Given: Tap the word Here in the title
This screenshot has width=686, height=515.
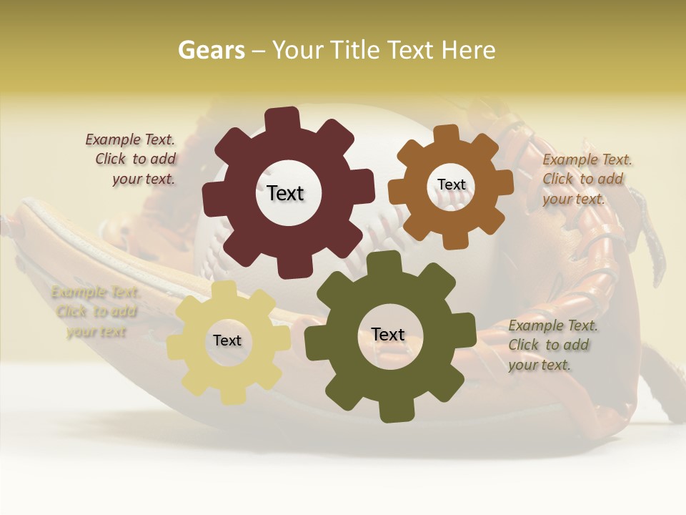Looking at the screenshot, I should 468,50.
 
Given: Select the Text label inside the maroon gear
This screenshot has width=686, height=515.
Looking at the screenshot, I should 286,193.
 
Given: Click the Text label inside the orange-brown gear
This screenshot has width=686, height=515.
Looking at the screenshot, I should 452,185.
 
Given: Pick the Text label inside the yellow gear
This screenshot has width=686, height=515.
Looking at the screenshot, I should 227,340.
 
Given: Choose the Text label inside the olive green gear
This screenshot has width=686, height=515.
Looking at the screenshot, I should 388,334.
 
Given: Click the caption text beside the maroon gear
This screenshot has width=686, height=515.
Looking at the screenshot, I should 131,160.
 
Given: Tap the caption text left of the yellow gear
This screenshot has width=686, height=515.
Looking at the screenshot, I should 95,312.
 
